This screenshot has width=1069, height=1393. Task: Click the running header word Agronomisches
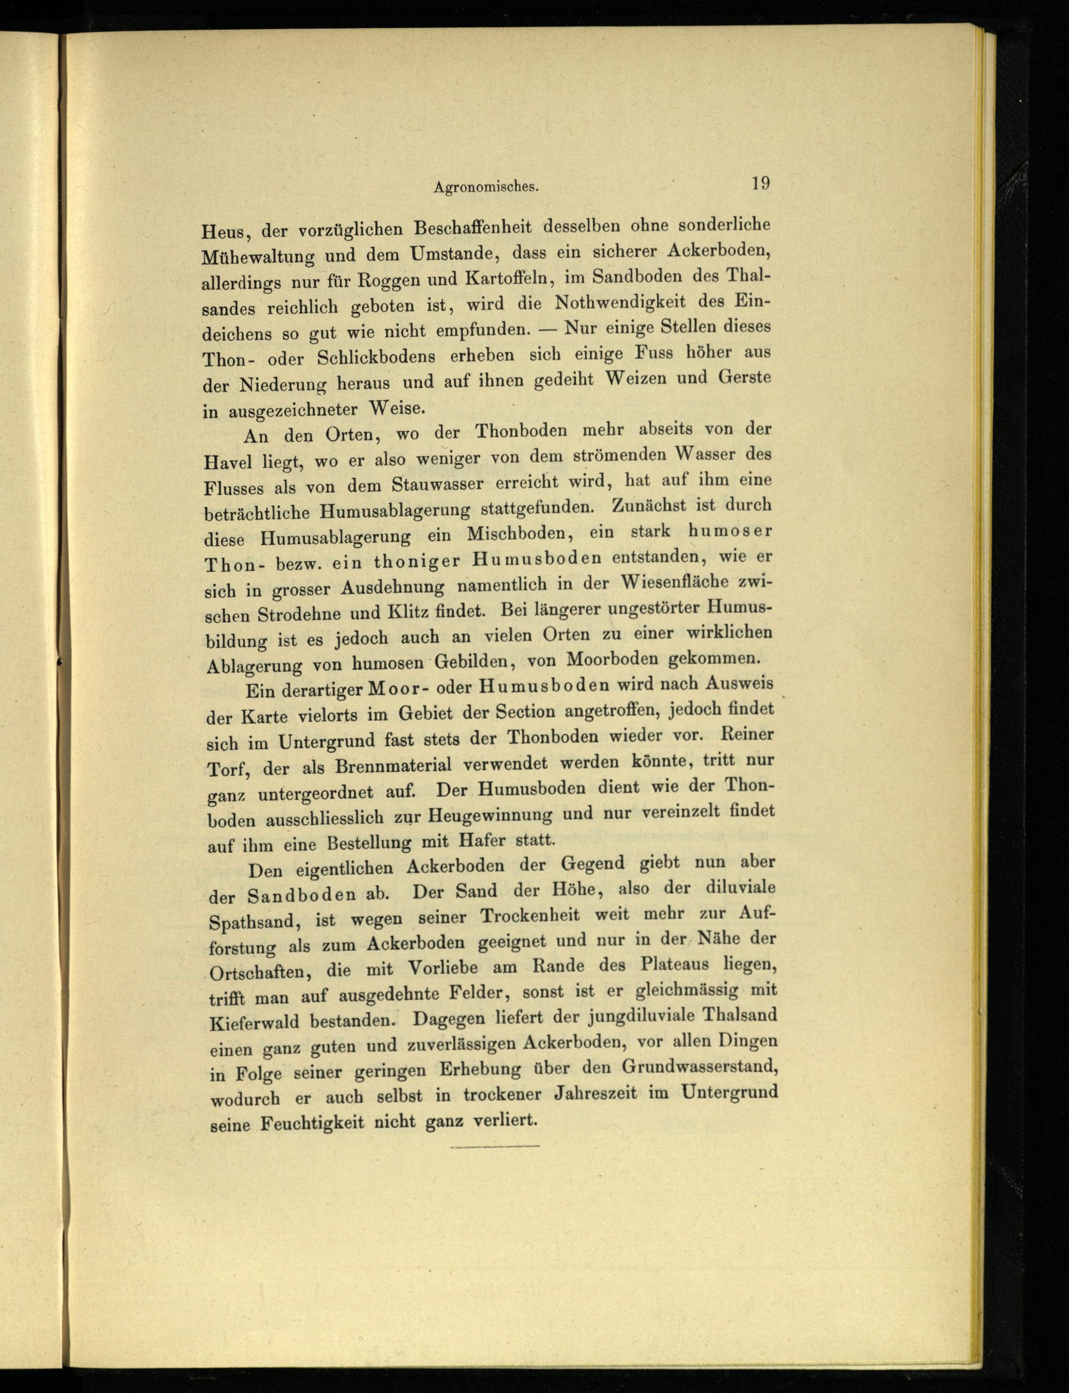(x=486, y=187)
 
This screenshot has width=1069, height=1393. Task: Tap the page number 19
(x=761, y=183)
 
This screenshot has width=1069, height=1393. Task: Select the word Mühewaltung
(x=258, y=257)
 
